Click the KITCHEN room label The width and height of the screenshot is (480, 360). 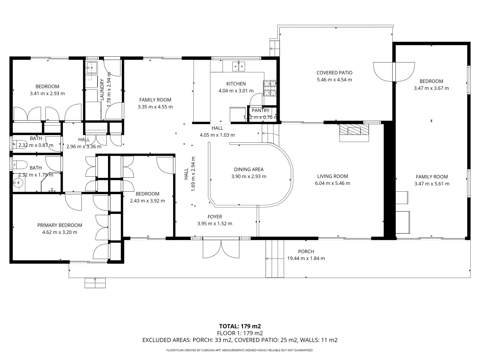click(236, 84)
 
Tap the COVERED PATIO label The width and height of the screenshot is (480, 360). click(334, 73)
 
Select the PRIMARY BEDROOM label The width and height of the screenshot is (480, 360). click(60, 225)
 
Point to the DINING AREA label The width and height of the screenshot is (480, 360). click(249, 169)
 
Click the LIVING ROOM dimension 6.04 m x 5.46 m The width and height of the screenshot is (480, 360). click(332, 183)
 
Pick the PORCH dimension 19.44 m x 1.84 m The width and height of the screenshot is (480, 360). click(306, 258)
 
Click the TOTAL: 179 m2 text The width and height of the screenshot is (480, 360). click(240, 326)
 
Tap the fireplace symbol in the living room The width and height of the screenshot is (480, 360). click(354, 132)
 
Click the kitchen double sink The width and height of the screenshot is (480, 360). click(239, 67)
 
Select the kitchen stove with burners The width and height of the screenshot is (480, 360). click(270, 88)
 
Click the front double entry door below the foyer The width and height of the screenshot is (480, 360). click(221, 248)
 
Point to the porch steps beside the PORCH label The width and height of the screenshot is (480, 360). click(275, 258)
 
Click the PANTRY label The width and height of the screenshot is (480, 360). click(260, 110)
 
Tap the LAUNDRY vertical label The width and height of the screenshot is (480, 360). click(102, 89)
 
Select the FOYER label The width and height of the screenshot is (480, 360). click(215, 217)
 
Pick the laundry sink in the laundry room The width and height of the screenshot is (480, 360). click(91, 68)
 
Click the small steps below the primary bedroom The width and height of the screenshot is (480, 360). click(95, 283)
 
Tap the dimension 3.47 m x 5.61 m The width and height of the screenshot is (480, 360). click(432, 184)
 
